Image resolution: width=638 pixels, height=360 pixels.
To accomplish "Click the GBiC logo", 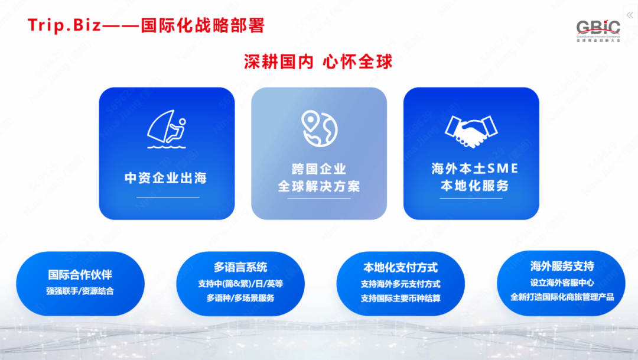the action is click(x=598, y=31).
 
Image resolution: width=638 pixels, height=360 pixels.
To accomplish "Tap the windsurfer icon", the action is click(x=167, y=129).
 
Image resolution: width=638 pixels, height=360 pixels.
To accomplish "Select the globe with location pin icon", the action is click(x=320, y=129).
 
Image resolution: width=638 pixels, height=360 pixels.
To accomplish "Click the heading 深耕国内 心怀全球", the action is click(x=318, y=62).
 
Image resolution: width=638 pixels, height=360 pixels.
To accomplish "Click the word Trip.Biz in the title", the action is click(x=64, y=25).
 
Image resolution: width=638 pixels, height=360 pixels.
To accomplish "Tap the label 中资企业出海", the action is click(x=166, y=178).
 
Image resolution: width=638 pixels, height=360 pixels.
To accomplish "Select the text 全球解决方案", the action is click(x=319, y=187).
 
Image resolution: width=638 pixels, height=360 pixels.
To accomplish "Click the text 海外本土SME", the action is click(x=475, y=168).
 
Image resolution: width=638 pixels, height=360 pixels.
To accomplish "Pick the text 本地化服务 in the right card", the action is click(x=475, y=186).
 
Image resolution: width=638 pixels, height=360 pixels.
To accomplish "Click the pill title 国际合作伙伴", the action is click(x=80, y=275).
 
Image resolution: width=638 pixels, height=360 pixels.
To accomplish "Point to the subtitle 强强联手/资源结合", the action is click(x=80, y=291).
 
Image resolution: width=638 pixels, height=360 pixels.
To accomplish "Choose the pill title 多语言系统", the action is click(x=240, y=267).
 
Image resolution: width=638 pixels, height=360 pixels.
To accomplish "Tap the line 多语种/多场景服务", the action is click(x=240, y=298).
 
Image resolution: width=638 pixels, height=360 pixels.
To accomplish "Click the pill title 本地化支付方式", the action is click(x=401, y=268).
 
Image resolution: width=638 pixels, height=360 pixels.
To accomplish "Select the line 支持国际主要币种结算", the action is click(x=401, y=299).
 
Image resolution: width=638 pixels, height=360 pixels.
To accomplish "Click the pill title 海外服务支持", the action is click(x=562, y=267).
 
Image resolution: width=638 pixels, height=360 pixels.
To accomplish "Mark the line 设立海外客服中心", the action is click(x=562, y=283).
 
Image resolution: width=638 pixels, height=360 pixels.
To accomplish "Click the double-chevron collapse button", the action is click(x=630, y=15).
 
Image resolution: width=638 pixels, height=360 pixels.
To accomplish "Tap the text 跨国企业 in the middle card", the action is click(x=319, y=169).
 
